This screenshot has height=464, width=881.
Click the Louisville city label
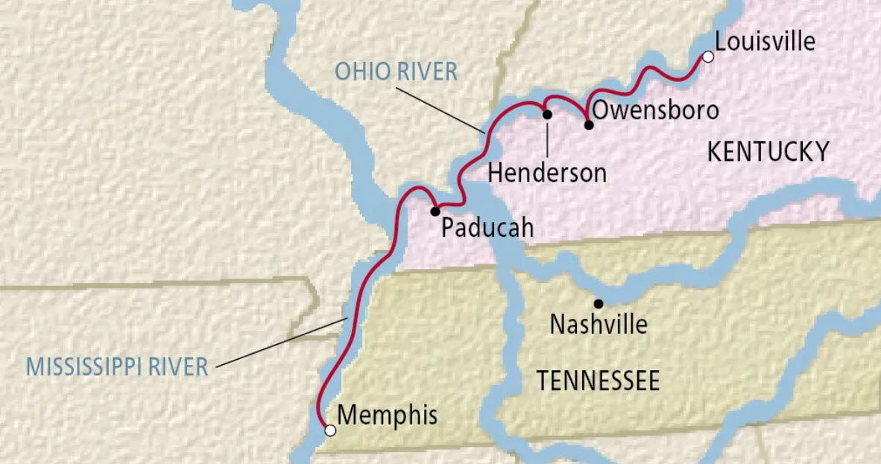pos(765,42)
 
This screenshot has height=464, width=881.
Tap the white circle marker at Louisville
pos(708,57)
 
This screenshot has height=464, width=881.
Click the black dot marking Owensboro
pos(589,124)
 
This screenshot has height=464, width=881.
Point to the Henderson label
pos(547,173)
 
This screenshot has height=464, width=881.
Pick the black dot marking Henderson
pos(547,115)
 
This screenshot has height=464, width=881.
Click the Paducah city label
pos(487,227)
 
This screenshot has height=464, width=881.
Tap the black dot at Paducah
pos(435,212)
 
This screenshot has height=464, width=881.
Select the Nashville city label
pos(599,325)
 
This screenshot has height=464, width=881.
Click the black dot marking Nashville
pos(598,303)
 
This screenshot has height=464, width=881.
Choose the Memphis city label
pos(387,416)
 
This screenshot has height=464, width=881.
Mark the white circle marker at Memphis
pos(330,430)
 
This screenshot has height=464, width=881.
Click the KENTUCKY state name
pos(768,152)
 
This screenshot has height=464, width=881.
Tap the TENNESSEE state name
pos(599,381)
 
